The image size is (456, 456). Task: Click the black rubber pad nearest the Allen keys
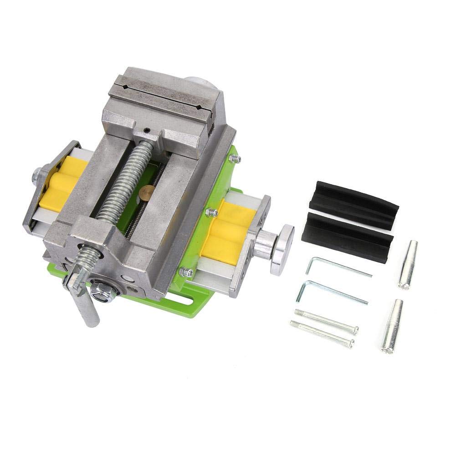(x=349, y=236)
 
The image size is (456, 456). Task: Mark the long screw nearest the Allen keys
(x=326, y=320)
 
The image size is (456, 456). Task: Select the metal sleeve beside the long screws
(x=392, y=326)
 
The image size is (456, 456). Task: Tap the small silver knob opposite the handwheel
(x=36, y=176)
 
